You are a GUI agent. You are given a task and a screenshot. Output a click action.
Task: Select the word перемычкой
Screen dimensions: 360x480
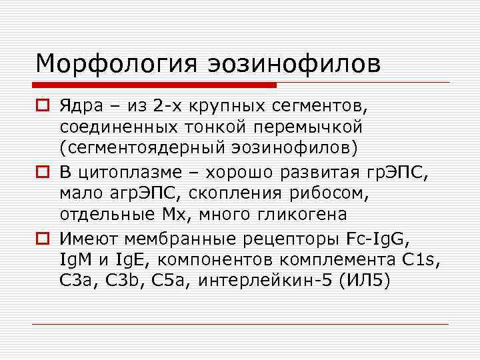pos(308,125)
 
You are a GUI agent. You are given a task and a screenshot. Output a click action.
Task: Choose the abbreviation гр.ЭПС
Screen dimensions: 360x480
pos(396,175)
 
